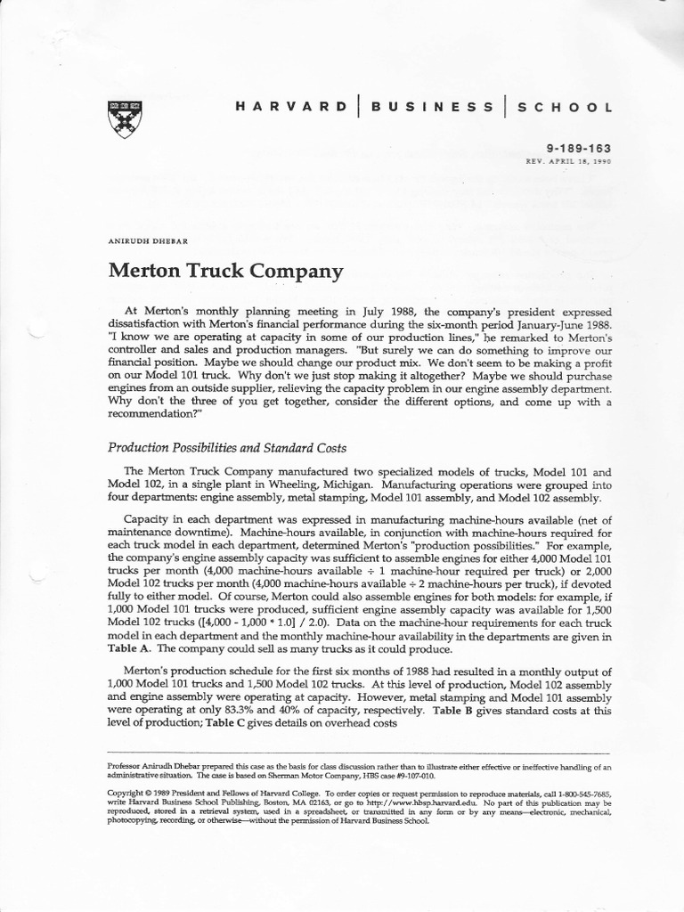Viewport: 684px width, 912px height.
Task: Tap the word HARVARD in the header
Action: pos(290,107)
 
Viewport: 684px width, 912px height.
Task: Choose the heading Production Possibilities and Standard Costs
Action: pos(227,447)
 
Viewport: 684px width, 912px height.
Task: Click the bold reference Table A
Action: pos(127,650)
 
